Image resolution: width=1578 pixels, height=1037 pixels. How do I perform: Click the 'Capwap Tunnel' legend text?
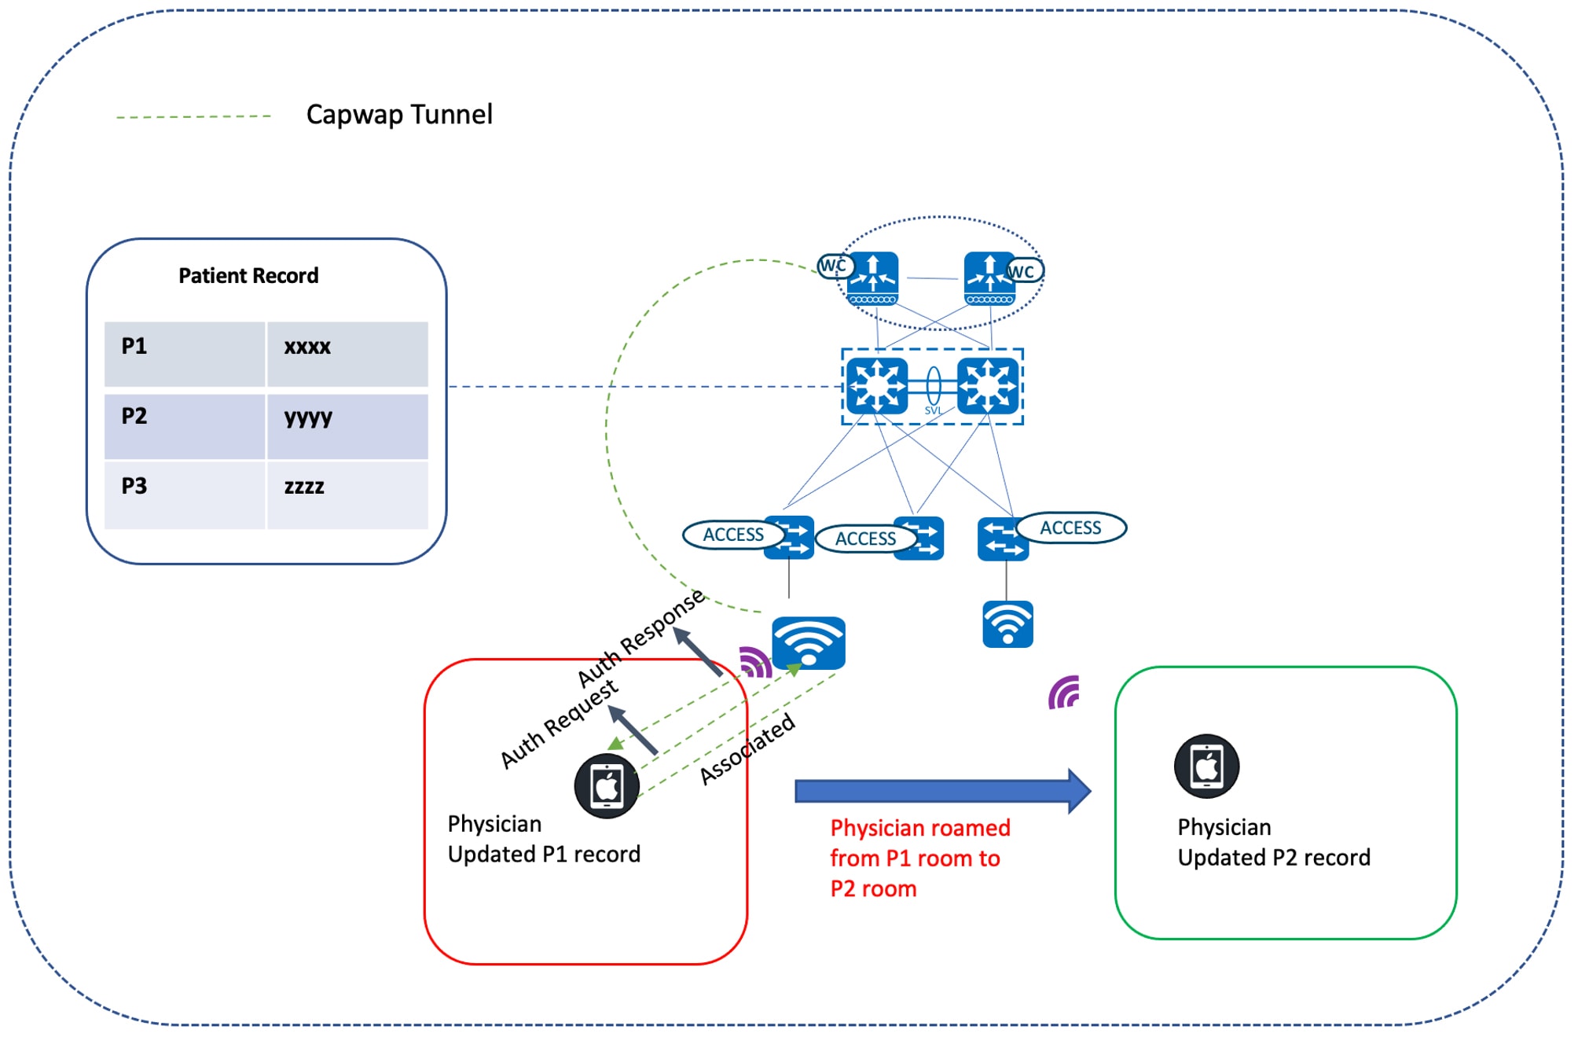coord(399,115)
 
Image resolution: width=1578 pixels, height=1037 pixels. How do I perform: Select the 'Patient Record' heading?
coord(248,276)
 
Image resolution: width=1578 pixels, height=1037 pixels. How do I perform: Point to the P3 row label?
coord(134,486)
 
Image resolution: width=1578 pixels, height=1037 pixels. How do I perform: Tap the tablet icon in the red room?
coord(606,786)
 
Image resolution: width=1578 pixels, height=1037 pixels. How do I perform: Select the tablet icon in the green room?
coord(1206,766)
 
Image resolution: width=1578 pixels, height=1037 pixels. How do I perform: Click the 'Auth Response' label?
coord(640,638)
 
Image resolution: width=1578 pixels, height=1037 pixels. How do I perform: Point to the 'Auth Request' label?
coord(559,724)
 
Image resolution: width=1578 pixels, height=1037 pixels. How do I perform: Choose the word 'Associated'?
coord(747,749)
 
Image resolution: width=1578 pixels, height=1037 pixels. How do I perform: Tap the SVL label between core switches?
coord(933,410)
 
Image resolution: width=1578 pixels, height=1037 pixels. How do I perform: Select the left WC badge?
coord(833,266)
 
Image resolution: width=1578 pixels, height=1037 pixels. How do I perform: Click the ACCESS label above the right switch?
coord(1070,528)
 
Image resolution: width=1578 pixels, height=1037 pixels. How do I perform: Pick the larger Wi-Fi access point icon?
coord(808,643)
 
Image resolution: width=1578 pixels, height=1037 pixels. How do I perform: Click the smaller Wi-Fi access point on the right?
coord(1007,624)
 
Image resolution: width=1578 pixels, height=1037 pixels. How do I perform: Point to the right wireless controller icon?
coord(989,278)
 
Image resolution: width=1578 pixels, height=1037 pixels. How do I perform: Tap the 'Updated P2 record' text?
coord(1273,857)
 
